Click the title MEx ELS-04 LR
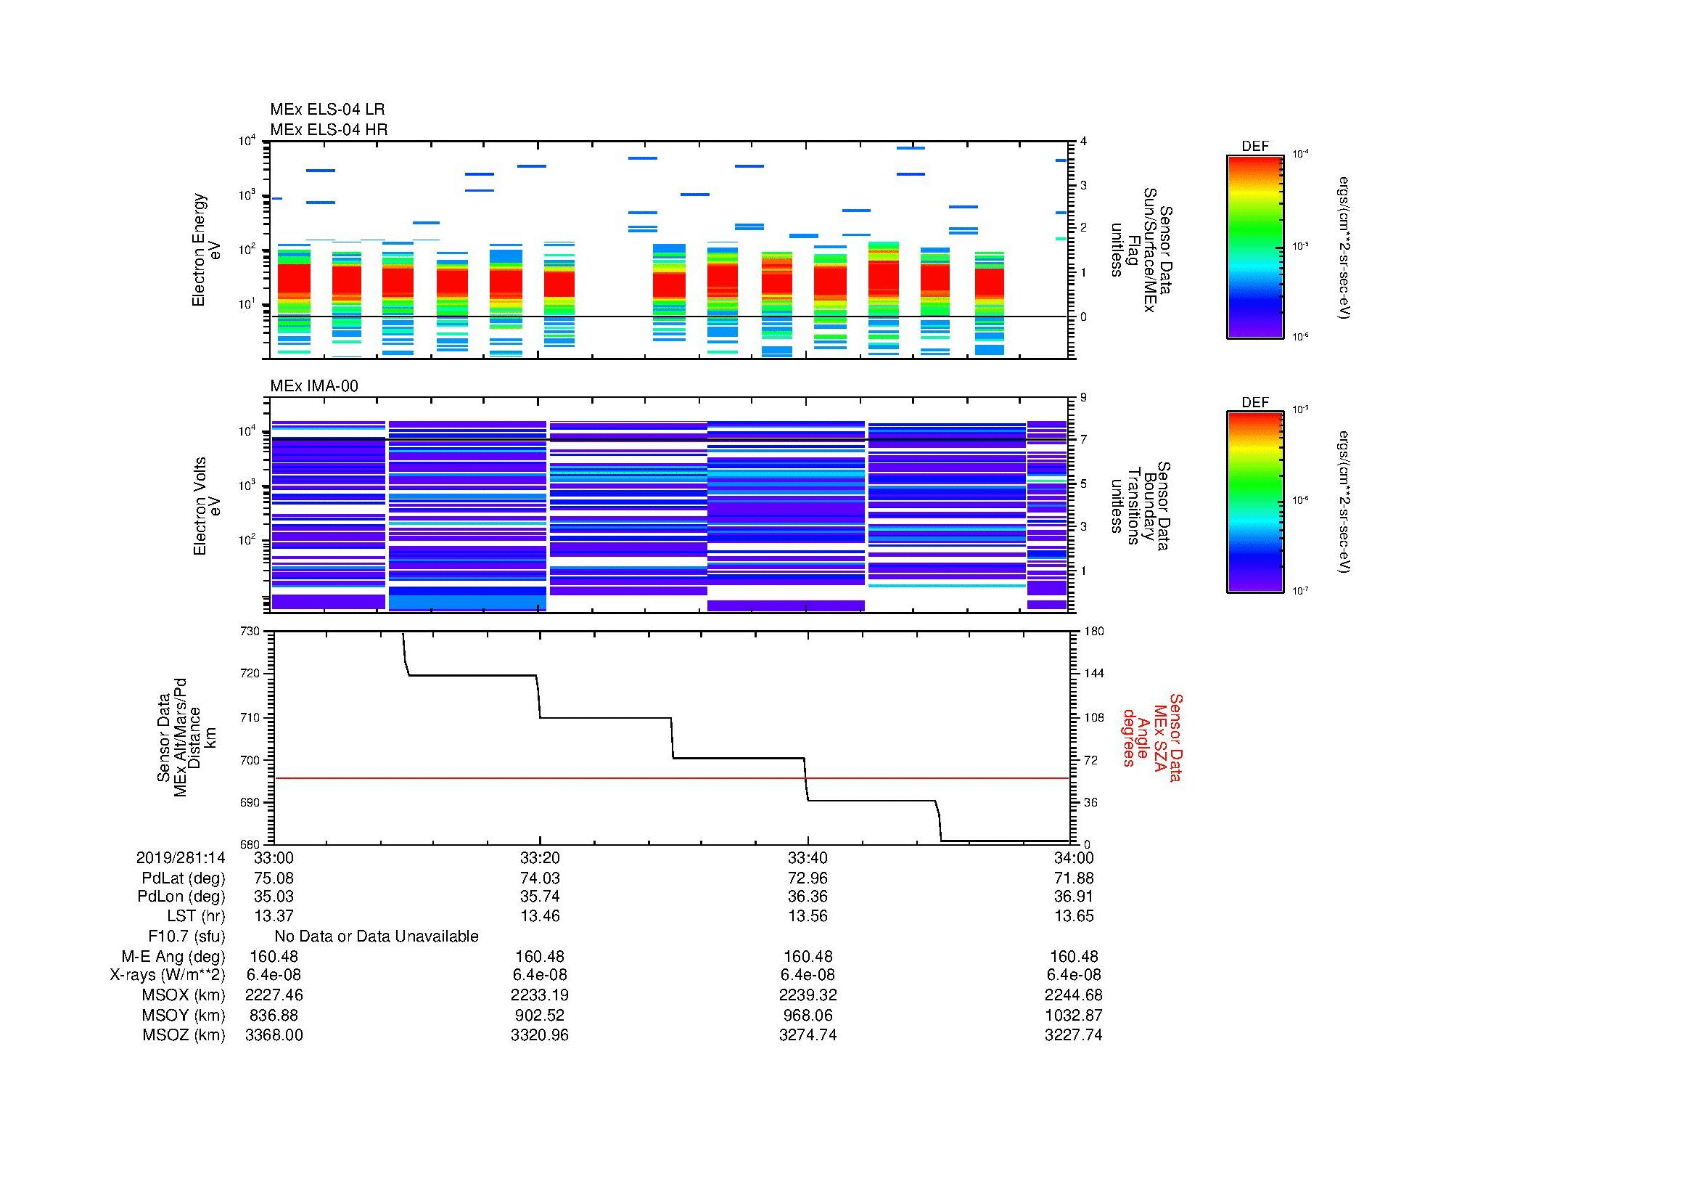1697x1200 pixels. click(326, 110)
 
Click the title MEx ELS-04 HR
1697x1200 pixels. click(328, 129)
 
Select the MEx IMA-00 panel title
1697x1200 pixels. click(313, 386)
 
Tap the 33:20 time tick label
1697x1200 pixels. click(540, 857)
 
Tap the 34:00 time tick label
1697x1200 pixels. click(1073, 857)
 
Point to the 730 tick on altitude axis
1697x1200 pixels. click(250, 632)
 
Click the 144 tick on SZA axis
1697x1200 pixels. click(1093, 674)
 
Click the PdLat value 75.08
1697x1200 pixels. click(274, 878)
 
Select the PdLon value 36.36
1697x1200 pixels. click(808, 897)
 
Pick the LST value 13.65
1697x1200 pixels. click(1073, 916)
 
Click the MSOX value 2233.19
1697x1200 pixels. click(540, 995)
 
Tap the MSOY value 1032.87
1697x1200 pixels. click(1073, 1015)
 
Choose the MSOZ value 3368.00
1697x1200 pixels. click(274, 1035)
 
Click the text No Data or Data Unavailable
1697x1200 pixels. click(377, 936)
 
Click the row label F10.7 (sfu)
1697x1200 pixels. click(186, 936)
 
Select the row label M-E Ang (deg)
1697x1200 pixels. click(173, 957)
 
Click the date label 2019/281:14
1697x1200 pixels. click(181, 857)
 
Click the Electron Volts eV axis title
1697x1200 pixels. click(207, 506)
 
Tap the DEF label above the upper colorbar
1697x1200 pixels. click(1254, 147)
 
